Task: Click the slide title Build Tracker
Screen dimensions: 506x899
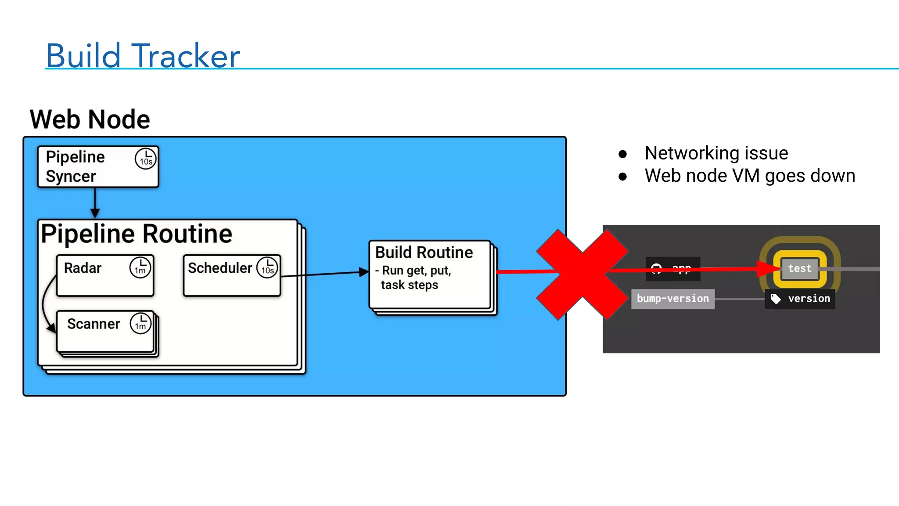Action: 143,56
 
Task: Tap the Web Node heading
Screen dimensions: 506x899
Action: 90,119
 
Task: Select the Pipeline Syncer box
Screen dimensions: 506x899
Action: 97,167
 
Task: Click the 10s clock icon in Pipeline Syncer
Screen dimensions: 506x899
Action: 146,159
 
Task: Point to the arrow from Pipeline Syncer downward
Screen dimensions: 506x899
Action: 95,202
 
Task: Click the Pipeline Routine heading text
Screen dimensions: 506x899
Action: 137,234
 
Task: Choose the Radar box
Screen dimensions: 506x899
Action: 105,276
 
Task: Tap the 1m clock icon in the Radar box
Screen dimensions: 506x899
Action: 140,267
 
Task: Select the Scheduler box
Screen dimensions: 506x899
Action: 231,276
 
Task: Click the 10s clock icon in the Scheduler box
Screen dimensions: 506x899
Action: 267,267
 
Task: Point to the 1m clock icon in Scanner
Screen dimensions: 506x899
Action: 140,323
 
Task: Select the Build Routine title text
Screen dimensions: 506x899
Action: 424,253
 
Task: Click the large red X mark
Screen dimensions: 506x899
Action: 582,275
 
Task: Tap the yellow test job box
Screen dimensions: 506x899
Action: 800,268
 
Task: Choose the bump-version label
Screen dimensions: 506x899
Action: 672,299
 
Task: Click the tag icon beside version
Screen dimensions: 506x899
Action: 776,299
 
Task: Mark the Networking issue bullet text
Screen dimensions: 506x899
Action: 716,153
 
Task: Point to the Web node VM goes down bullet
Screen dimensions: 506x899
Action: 749,176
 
